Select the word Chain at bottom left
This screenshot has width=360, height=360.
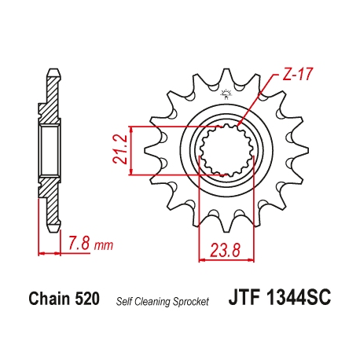point(48,299)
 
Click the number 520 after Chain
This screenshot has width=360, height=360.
point(86,299)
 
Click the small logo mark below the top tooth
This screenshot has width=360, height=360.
point(228,96)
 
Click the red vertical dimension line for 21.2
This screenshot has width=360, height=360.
point(130,149)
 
